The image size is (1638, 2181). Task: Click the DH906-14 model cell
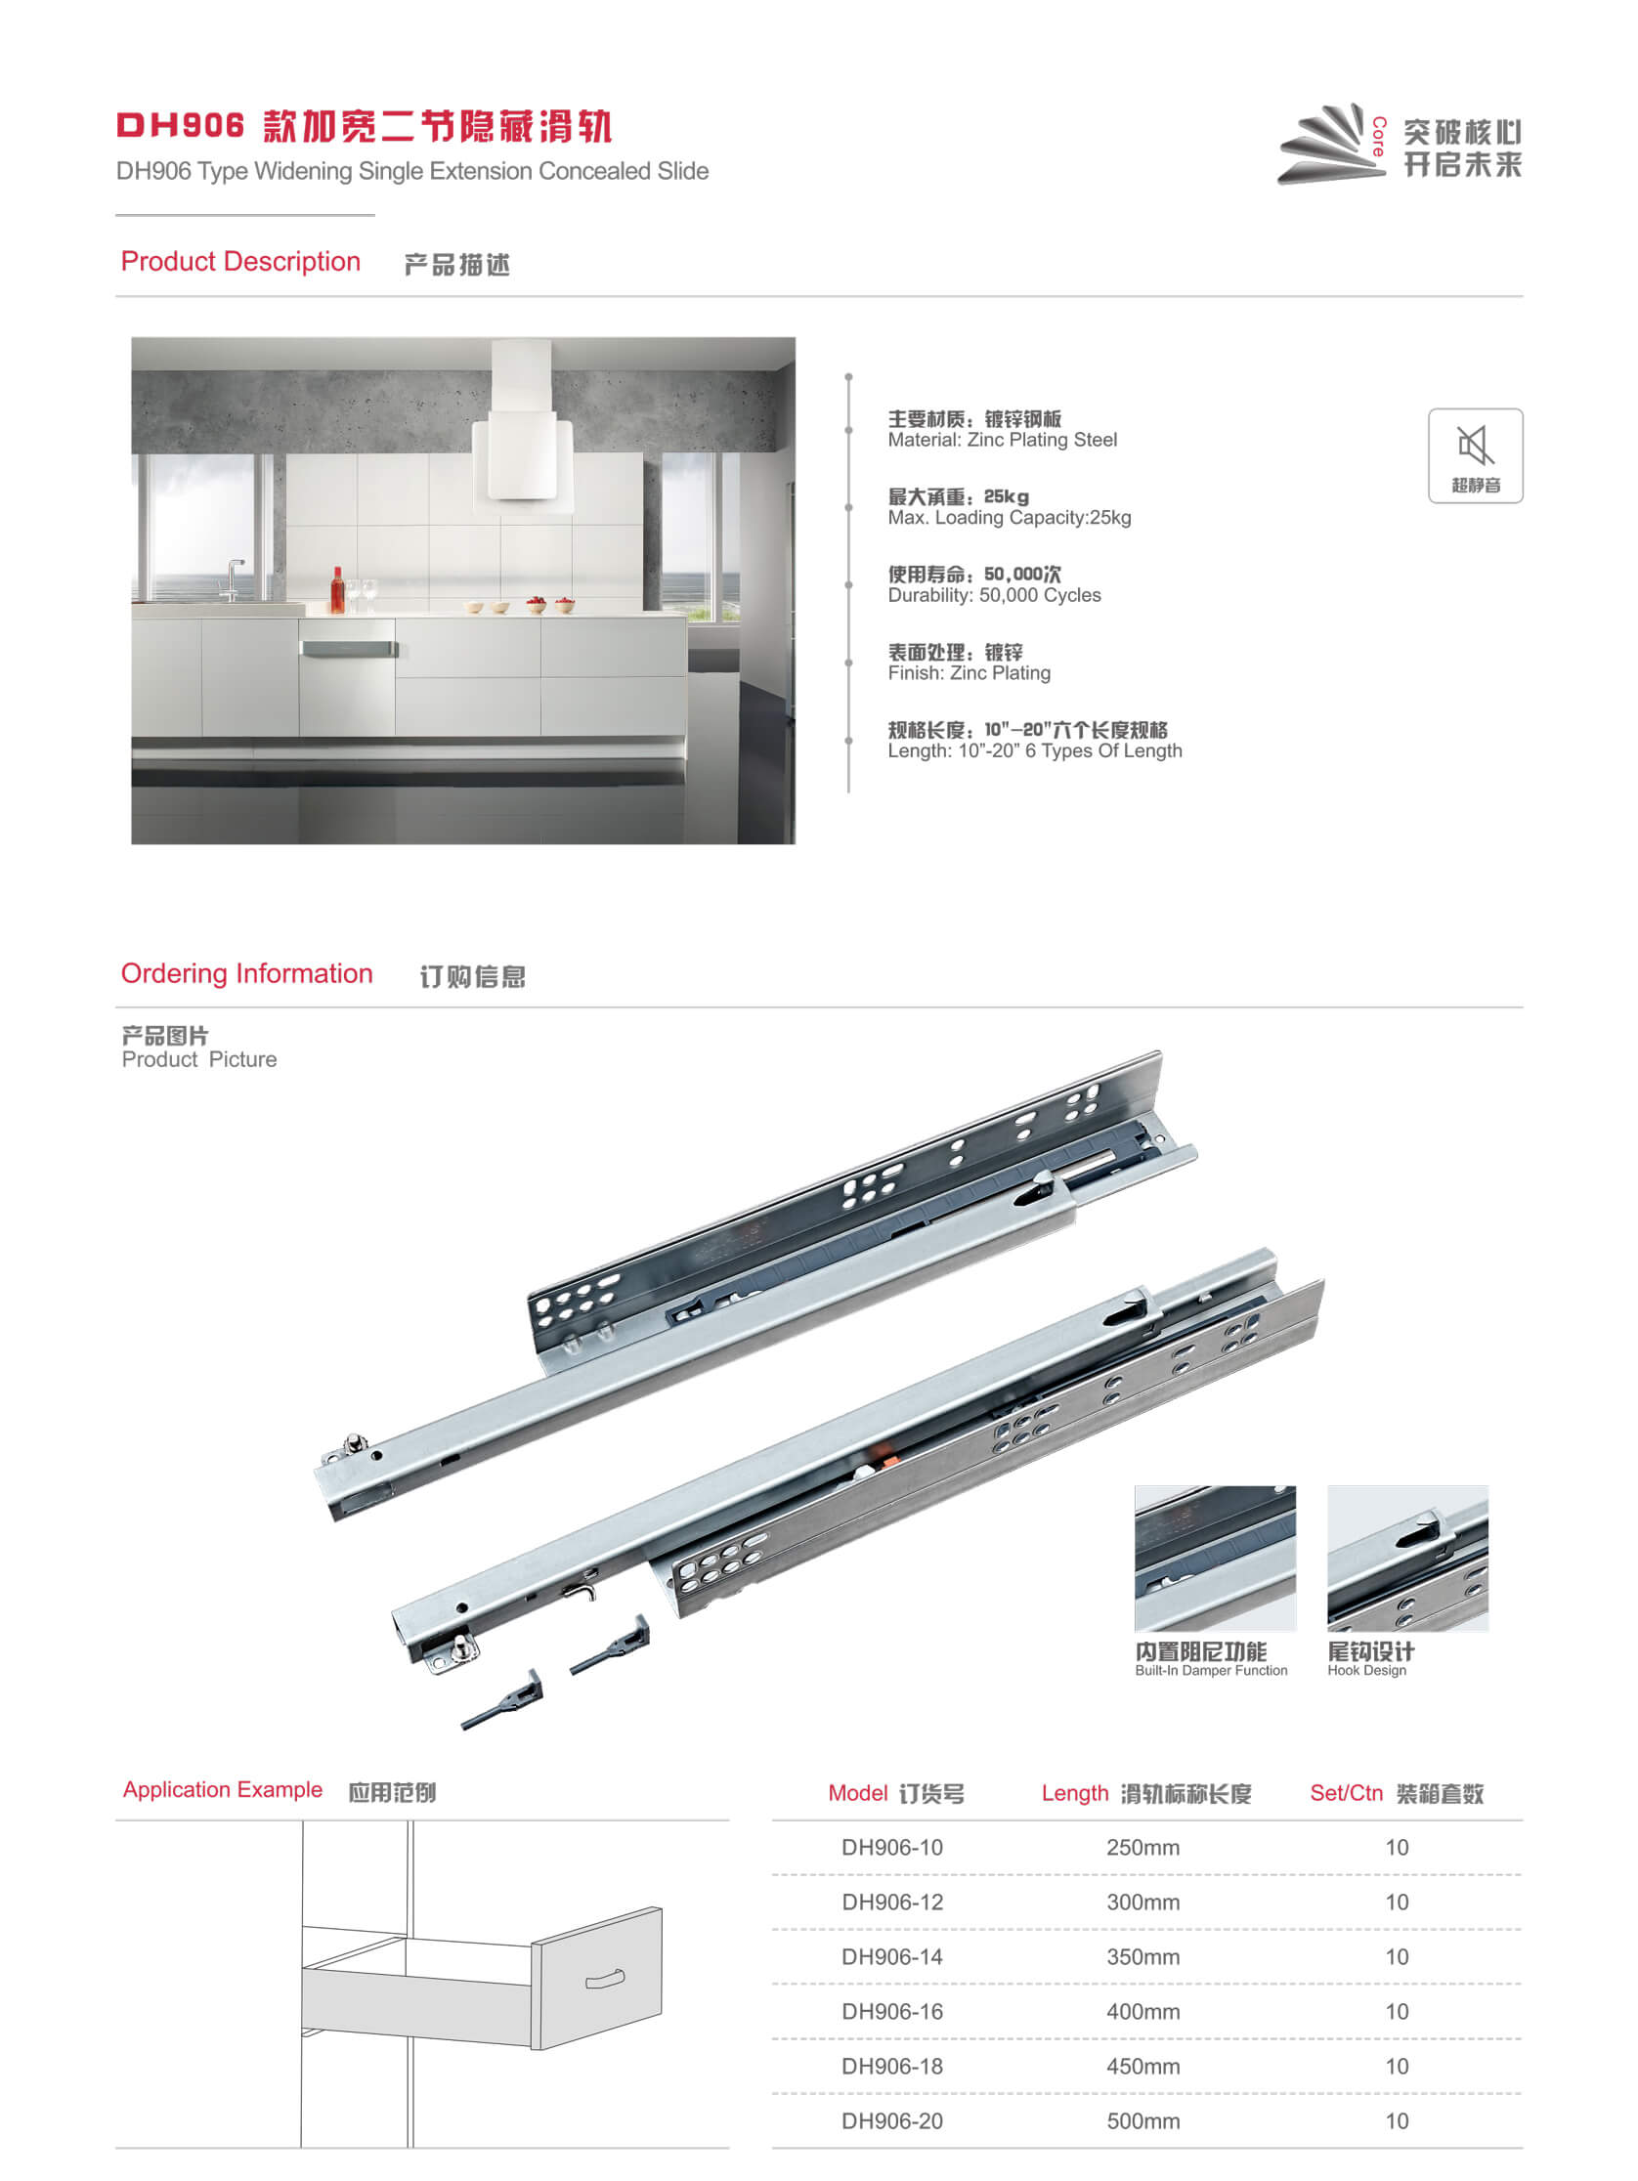(x=891, y=1957)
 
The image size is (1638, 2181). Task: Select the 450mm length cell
(x=1142, y=2067)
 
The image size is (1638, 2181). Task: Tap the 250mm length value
(x=1142, y=1848)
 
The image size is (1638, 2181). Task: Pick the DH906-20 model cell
(x=891, y=2120)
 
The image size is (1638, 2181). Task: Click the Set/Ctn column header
(x=1397, y=1793)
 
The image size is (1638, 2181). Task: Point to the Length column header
(x=1145, y=1793)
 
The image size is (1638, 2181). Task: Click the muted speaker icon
(x=1476, y=446)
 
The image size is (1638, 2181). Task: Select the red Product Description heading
(x=240, y=261)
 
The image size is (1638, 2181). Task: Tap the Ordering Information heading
(x=246, y=973)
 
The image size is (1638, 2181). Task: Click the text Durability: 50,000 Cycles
(x=994, y=595)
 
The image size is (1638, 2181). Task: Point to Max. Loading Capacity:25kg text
(x=1009, y=518)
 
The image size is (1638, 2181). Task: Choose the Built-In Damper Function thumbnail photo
(x=1215, y=1558)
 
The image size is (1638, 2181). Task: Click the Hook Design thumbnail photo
(x=1407, y=1558)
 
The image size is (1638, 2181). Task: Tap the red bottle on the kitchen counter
(x=337, y=589)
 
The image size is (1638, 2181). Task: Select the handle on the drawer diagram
(x=606, y=1979)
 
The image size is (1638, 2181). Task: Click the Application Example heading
(x=223, y=1789)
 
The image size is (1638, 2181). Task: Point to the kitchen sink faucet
(x=232, y=579)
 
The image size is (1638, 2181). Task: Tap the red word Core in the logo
(x=1379, y=136)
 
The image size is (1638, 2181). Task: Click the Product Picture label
(x=199, y=1059)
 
